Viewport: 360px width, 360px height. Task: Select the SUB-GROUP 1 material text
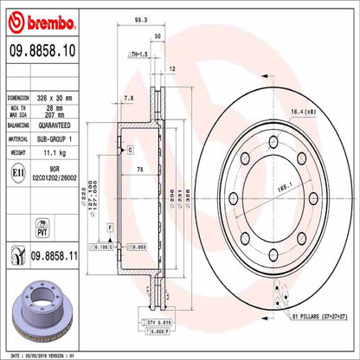coord(66,138)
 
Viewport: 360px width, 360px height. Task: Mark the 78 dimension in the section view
coord(139,171)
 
